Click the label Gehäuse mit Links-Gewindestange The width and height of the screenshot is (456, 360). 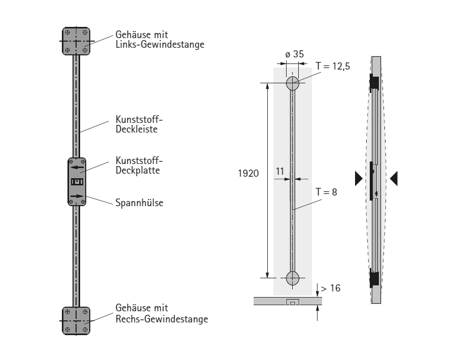click(160, 40)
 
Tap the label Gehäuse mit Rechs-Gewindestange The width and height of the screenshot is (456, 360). click(161, 314)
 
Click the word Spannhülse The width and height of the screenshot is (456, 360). click(138, 203)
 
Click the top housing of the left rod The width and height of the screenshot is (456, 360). click(76, 41)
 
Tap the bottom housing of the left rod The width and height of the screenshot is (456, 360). click(76, 320)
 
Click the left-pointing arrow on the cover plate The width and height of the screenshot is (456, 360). click(77, 166)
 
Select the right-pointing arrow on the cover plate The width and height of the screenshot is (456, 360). click(77, 197)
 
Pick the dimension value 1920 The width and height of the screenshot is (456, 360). click(249, 173)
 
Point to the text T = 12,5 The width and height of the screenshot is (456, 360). click(333, 66)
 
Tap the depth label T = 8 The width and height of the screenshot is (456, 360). click(326, 192)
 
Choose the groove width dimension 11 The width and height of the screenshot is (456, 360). click(280, 172)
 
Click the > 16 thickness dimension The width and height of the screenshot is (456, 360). click(330, 288)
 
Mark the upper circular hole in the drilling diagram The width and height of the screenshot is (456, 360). click(293, 83)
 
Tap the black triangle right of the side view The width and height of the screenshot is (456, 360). click(394, 177)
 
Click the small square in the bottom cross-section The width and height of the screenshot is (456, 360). click(293, 303)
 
